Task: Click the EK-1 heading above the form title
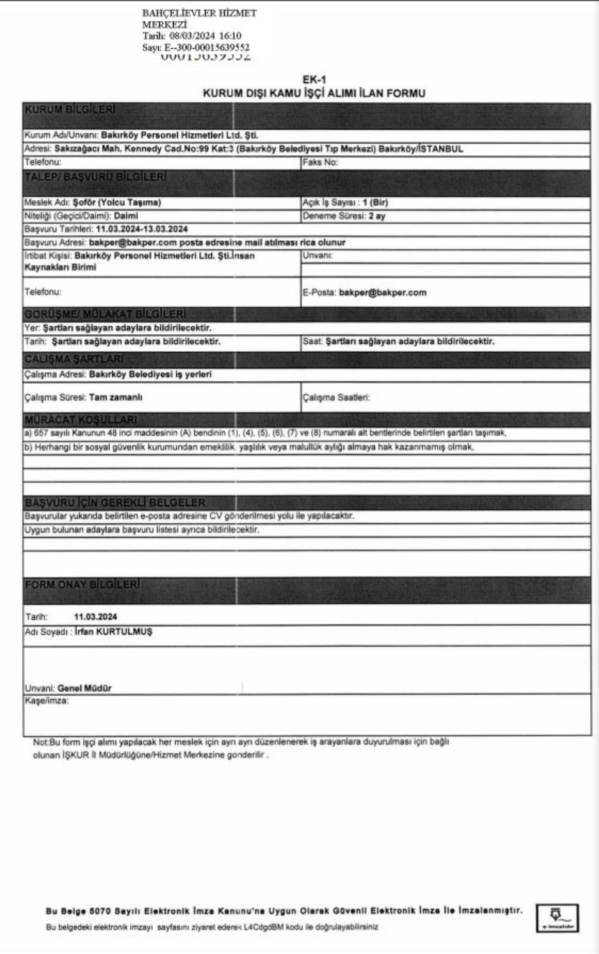314,80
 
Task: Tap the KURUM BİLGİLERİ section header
70,110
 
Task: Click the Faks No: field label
320,162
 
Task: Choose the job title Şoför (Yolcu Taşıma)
117,203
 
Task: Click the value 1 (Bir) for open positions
375,203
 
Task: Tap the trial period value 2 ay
377,216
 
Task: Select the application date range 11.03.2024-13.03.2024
142,229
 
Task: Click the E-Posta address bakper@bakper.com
382,293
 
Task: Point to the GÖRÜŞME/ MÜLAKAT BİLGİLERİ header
105,314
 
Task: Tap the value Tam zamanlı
115,398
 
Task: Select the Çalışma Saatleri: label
336,398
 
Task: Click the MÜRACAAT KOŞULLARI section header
81,420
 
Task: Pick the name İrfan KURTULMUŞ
113,632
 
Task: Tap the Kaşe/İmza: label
47,701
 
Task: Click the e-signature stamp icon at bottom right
557,918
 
